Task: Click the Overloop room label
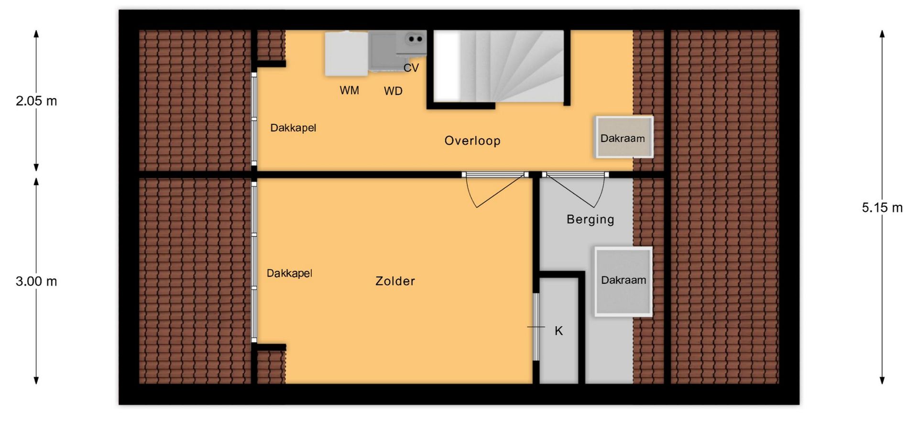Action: [x=472, y=140]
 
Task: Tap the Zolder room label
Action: [x=395, y=281]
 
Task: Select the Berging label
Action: [x=590, y=219]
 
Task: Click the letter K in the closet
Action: [x=558, y=331]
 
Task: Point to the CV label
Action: [x=411, y=68]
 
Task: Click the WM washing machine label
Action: [x=349, y=90]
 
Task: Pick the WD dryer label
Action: [x=393, y=91]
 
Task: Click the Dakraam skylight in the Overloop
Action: [x=624, y=137]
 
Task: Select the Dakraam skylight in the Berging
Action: [x=623, y=281]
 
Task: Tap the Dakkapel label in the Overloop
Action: [x=293, y=128]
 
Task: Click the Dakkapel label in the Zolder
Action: [x=289, y=273]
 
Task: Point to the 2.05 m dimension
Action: [x=36, y=101]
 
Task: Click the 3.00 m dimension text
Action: [x=36, y=281]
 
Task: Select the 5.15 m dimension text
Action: [x=882, y=207]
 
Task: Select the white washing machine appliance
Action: [x=347, y=54]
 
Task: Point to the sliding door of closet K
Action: [x=536, y=327]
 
